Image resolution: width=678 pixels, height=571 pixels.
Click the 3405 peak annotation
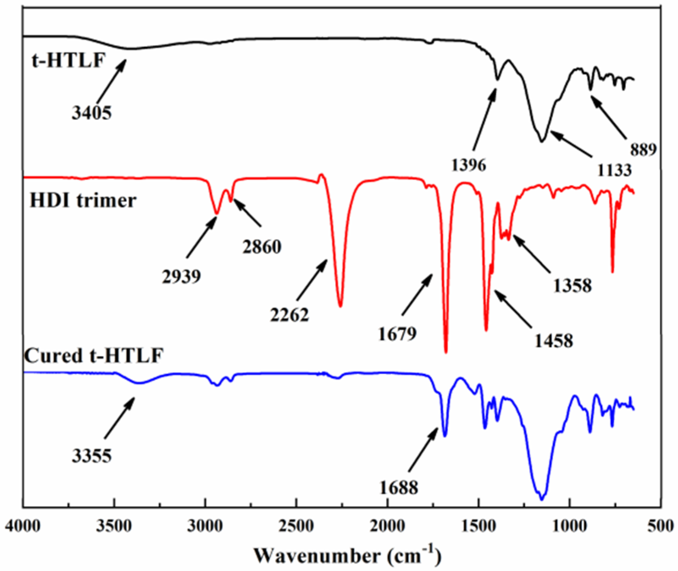pyautogui.click(x=91, y=113)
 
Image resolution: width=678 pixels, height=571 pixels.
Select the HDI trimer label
pyautogui.click(x=83, y=200)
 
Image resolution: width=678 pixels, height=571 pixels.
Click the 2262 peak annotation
pyautogui.click(x=290, y=315)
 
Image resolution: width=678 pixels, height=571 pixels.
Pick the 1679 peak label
pyautogui.click(x=397, y=334)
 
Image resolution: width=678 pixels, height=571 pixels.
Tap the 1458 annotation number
pyautogui.click(x=553, y=341)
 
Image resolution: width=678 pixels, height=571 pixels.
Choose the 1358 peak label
pyautogui.click(x=572, y=285)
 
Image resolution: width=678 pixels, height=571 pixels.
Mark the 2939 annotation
pyautogui.click(x=181, y=277)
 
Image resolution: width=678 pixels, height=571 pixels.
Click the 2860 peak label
pyautogui.click(x=262, y=247)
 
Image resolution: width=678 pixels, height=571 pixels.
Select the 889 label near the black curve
pyautogui.click(x=643, y=150)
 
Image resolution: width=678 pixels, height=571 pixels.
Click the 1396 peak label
pyautogui.click(x=468, y=165)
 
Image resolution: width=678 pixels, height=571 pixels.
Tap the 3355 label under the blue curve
pyautogui.click(x=91, y=456)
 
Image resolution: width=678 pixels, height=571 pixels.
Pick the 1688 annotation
pyautogui.click(x=398, y=488)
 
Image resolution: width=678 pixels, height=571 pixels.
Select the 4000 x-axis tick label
pyautogui.click(x=23, y=526)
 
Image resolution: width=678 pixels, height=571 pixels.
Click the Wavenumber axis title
pyautogui.click(x=347, y=555)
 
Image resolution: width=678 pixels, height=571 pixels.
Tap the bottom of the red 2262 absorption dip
pyautogui.click(x=340, y=306)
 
